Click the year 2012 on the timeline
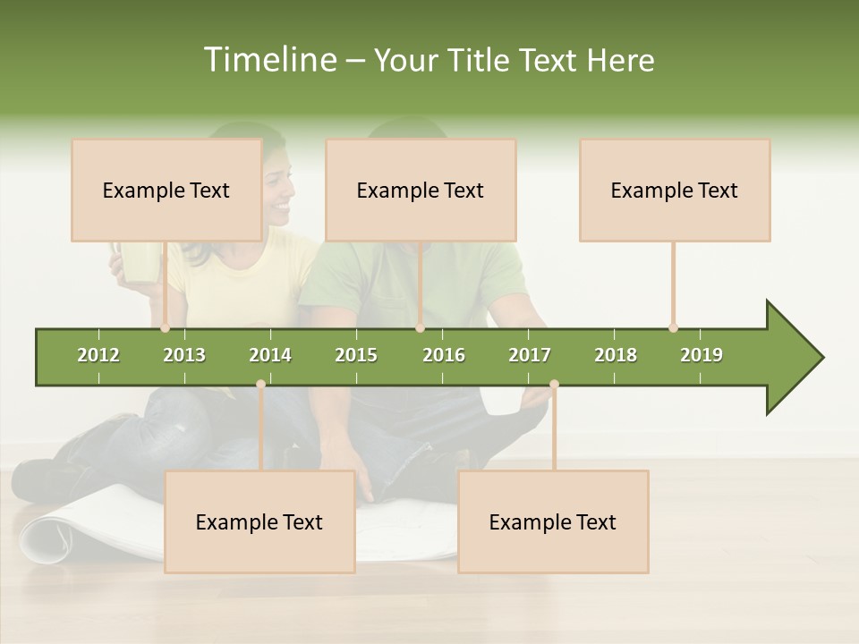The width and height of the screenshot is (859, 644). coord(98,355)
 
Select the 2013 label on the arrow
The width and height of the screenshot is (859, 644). coord(184,355)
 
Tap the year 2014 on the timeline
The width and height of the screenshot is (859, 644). coord(270,355)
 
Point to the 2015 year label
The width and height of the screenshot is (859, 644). coord(356,355)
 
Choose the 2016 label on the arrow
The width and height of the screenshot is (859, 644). coord(444,355)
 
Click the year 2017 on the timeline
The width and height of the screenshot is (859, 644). coord(530,355)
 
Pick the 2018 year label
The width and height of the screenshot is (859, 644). coord(616,355)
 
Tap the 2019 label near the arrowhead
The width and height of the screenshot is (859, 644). coord(702,355)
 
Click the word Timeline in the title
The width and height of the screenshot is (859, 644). coord(268,60)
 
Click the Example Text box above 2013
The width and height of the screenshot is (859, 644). coord(166,191)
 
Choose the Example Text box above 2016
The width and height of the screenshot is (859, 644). coord(421,191)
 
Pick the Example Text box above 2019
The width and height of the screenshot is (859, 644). coord(675,191)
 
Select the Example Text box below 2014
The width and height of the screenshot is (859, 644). coord(259,521)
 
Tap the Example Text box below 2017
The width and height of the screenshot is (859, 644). coord(553,521)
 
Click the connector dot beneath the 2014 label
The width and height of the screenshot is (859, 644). coord(260,384)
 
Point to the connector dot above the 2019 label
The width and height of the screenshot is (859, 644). coord(673,327)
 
